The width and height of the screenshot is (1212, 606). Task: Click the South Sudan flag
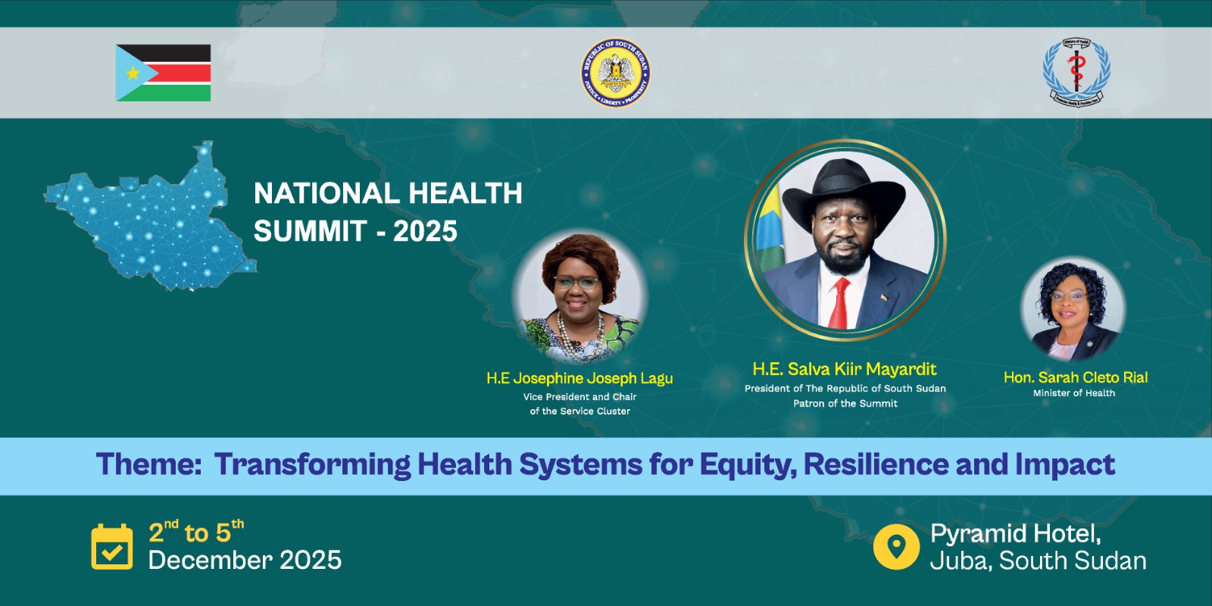point(164,73)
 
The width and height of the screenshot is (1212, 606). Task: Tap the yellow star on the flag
point(133,73)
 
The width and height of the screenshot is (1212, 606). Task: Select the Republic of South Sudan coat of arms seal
point(615,73)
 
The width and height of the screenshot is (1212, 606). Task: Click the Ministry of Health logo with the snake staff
point(1076,72)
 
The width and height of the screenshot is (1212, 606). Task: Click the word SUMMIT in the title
point(310,231)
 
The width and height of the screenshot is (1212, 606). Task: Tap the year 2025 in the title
point(425,231)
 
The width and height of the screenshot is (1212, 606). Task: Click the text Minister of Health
point(1073,393)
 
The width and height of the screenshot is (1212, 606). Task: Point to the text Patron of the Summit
point(845,404)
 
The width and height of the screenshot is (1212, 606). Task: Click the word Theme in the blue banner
point(148,464)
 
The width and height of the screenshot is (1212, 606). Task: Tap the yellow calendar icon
point(111,546)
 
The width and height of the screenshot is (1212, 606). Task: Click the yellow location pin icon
point(896,546)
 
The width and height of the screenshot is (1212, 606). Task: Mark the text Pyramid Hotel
point(1015,533)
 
